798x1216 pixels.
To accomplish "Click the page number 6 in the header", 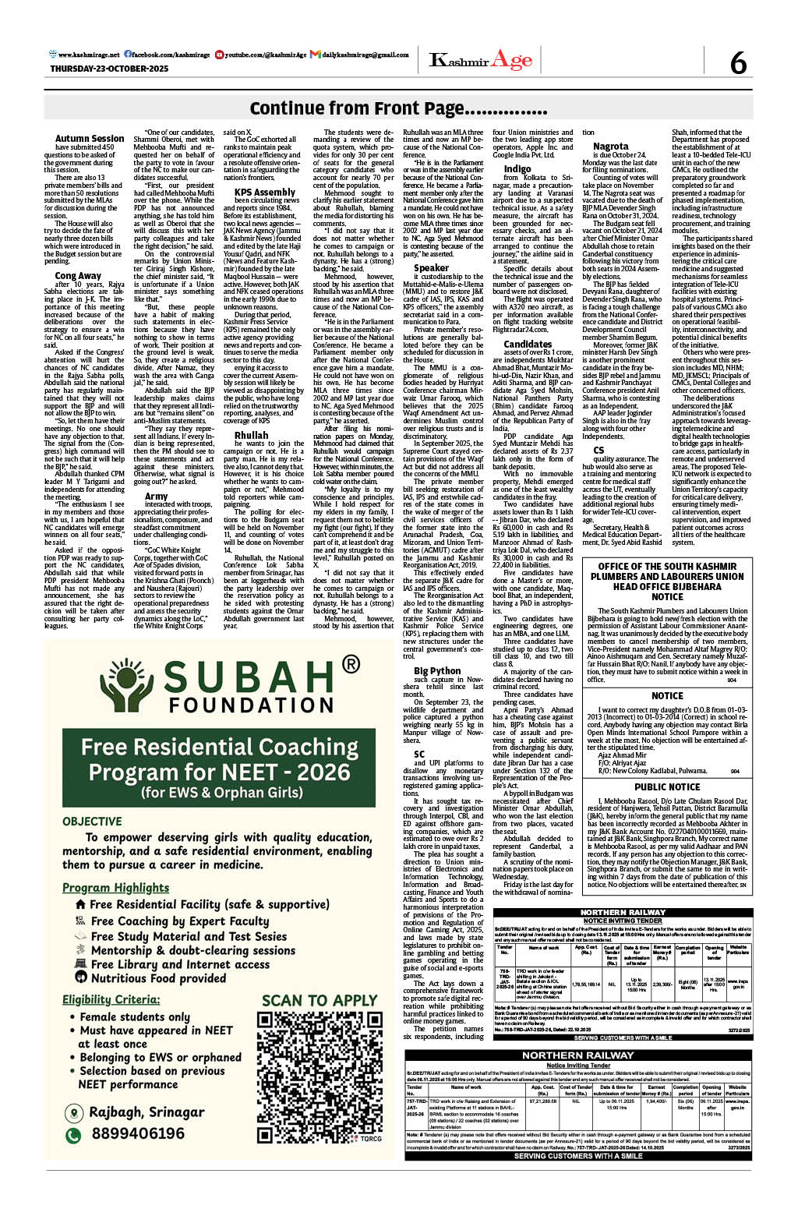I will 737,62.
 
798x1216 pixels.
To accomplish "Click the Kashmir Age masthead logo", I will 481,61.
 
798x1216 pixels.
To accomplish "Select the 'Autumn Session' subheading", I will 90,139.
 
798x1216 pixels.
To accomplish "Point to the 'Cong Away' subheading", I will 78,275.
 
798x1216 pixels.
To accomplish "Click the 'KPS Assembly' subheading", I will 265,192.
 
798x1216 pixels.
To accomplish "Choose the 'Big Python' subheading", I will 437,670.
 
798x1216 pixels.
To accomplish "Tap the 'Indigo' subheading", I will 517,168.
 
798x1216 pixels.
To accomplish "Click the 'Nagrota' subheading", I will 610,146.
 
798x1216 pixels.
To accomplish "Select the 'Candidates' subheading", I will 528,344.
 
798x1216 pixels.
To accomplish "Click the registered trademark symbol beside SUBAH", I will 351,664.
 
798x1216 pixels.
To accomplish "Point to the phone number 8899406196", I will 137,1133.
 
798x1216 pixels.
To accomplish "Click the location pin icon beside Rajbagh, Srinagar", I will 73,1112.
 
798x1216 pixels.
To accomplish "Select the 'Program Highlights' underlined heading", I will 115,887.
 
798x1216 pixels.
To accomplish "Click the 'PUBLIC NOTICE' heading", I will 667,787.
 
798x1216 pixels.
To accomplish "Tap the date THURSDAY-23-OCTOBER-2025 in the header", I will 109,69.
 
